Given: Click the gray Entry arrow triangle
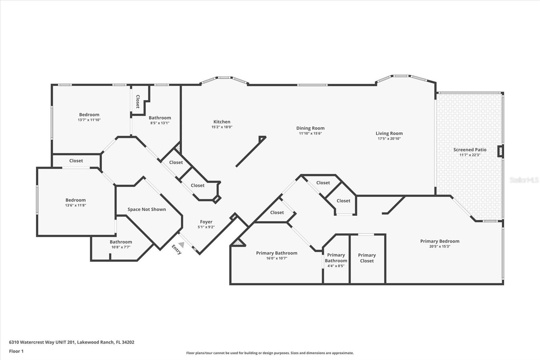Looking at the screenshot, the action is tap(181, 245).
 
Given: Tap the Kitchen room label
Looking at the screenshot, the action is tap(222, 122).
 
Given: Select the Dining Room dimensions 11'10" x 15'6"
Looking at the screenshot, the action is tap(310, 133).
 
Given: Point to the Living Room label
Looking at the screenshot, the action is tap(389, 133).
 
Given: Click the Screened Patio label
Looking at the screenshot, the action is tap(470, 150).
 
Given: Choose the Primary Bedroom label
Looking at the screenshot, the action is tap(440, 241).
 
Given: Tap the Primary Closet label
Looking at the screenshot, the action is tap(367, 258).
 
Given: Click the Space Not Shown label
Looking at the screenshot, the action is tap(146, 209).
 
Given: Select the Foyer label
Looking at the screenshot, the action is tap(206, 222).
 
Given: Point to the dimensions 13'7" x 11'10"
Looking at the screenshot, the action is tap(89, 120).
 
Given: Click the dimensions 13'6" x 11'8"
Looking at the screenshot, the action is tap(76, 205).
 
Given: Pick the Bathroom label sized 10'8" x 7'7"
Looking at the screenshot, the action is tap(121, 242).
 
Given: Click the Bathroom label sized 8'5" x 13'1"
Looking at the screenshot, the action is tap(160, 118).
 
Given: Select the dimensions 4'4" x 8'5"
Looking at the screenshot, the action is tap(336, 266).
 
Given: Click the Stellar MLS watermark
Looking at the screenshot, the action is tap(524, 180).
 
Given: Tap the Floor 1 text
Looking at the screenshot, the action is tap(16, 351).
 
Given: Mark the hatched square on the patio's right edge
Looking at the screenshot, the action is tap(501, 151).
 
